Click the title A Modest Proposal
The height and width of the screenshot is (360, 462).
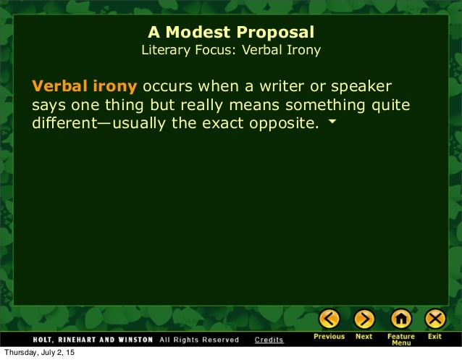point(231,33)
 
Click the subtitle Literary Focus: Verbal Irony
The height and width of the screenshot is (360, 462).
point(231,51)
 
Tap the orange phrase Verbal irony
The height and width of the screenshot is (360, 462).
point(84,87)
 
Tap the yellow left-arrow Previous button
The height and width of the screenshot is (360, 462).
point(329,318)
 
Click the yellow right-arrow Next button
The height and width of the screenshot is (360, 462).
point(364,318)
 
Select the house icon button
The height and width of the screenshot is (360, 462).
point(400,318)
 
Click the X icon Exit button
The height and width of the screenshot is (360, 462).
point(434,318)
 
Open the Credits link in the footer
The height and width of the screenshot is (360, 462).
point(269,339)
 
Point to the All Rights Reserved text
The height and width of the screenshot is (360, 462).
point(198,339)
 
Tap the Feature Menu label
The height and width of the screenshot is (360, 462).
point(400,340)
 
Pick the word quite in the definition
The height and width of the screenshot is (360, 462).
point(391,105)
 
